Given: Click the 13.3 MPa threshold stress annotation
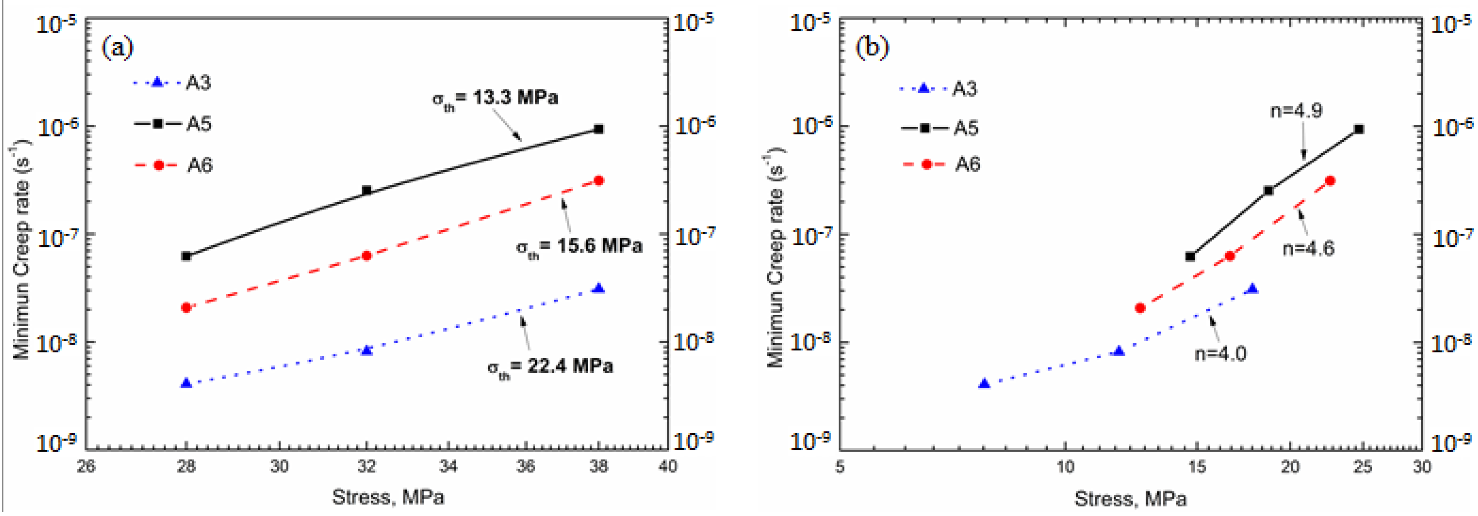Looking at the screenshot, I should click(x=495, y=99).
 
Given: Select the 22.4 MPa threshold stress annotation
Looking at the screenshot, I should click(x=550, y=367).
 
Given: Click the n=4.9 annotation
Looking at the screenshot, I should click(x=1296, y=110).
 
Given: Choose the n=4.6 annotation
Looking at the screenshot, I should click(x=1308, y=249).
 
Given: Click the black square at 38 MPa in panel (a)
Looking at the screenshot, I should click(x=598, y=129).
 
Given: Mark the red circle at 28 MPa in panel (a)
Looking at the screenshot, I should click(x=186, y=308).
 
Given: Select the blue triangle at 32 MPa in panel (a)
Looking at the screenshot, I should click(x=367, y=350).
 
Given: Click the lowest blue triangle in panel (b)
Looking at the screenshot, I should click(x=984, y=383).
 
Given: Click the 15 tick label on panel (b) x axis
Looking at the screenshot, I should click(x=1197, y=467).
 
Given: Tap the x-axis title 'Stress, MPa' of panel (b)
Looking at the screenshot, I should click(x=1130, y=498).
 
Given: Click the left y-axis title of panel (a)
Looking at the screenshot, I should click(x=22, y=252).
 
